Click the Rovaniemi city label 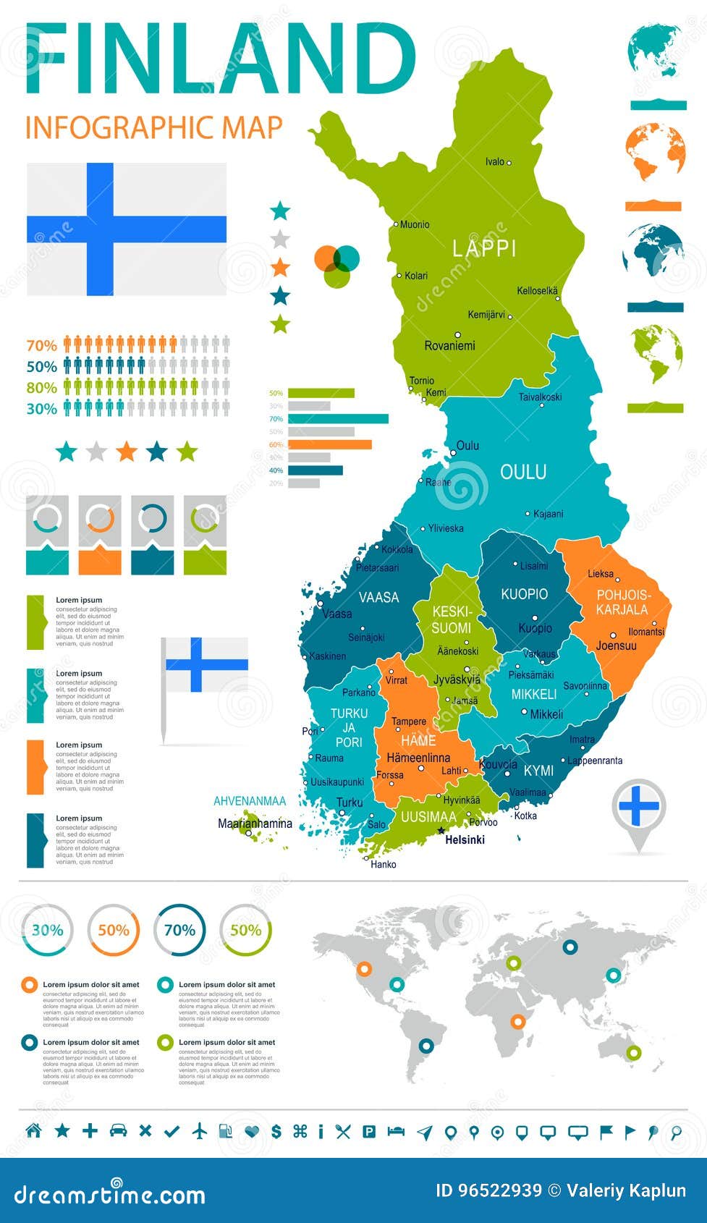449,346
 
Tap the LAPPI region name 484,249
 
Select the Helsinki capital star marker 441,830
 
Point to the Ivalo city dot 509,163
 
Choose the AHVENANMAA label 250,801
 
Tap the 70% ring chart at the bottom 179,931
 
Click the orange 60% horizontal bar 329,444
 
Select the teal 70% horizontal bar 338,418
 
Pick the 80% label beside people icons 41,388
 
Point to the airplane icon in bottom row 200,1131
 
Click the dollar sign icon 276,1131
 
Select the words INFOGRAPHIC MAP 153,127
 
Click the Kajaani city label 548,514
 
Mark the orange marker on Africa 517,1022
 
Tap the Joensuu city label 616,646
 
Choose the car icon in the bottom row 118,1130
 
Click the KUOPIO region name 524,594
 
